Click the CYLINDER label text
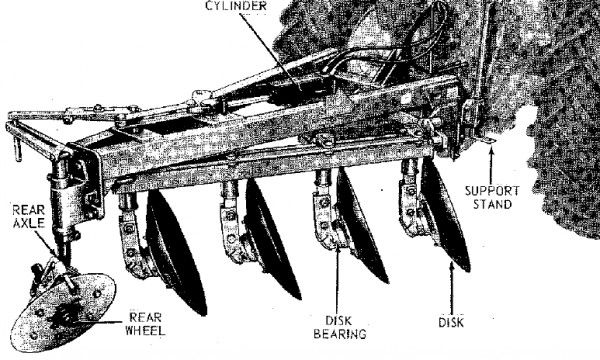(236, 5)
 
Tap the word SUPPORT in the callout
(492, 191)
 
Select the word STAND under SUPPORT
(492, 204)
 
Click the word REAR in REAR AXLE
(29, 210)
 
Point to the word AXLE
(29, 223)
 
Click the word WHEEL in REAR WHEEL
(145, 330)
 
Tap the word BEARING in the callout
(340, 334)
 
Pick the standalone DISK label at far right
(451, 322)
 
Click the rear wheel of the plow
(62, 311)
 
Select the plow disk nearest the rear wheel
(176, 252)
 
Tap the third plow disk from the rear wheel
(362, 226)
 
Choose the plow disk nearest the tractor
(445, 215)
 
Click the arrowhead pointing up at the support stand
(491, 152)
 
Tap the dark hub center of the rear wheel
(66, 315)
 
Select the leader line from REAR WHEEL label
(100, 323)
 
